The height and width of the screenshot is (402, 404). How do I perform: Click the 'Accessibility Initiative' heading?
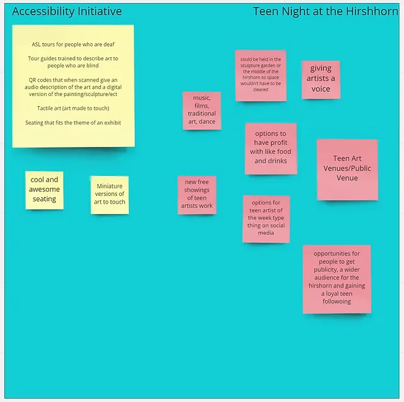point(67,11)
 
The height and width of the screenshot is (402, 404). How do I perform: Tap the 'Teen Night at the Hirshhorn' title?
point(325,11)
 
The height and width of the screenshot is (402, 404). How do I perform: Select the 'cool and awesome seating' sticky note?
point(44,190)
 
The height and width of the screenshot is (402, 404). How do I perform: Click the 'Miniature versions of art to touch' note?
point(109,195)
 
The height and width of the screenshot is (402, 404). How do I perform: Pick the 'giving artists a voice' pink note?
point(321,80)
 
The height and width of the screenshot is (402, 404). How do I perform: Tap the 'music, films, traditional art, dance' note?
point(202,111)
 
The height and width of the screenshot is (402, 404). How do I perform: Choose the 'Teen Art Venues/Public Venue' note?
point(347,170)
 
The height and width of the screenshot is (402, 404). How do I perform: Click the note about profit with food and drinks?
point(271,149)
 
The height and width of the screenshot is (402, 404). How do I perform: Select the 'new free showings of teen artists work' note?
point(197,195)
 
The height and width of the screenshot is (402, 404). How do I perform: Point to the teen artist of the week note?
point(266,219)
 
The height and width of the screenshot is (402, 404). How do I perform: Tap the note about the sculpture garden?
point(261,75)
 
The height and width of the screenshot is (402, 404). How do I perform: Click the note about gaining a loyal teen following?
point(337,279)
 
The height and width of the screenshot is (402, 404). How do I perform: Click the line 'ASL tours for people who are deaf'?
point(73,45)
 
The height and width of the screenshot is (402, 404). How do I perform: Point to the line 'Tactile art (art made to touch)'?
point(73,108)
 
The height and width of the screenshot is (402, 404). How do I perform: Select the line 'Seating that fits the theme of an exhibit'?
point(73,122)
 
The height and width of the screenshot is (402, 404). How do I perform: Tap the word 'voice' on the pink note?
point(321,89)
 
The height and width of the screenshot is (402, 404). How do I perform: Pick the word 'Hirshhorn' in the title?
point(372,11)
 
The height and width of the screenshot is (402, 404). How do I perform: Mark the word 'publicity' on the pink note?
point(325,270)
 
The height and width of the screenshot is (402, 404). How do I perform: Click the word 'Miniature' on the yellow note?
point(109,186)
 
